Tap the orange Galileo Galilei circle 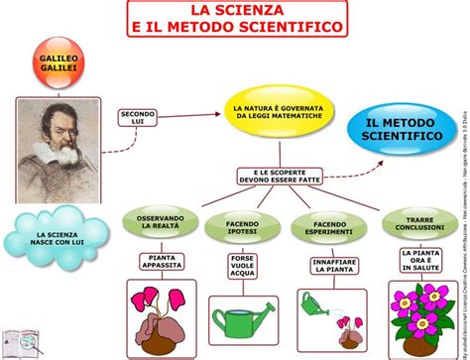click(x=59, y=61)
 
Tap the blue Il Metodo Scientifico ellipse click(x=403, y=126)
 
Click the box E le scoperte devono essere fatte click(x=279, y=178)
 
